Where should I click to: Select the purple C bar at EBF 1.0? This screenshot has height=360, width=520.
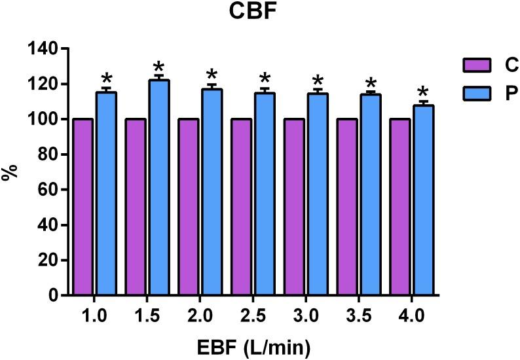pos(83,207)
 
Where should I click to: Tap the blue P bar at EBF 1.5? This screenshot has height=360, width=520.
pos(158,188)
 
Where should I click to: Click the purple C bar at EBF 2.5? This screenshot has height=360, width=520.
pos(242,207)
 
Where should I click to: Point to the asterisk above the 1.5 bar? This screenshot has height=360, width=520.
pos(158,67)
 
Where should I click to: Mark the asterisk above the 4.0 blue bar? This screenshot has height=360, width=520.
pos(423,92)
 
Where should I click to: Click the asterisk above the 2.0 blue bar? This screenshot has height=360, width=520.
pos(211,75)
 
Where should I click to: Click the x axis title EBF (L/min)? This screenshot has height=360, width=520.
pos(253,344)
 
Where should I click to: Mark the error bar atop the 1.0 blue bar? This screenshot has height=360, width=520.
pos(106,89)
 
